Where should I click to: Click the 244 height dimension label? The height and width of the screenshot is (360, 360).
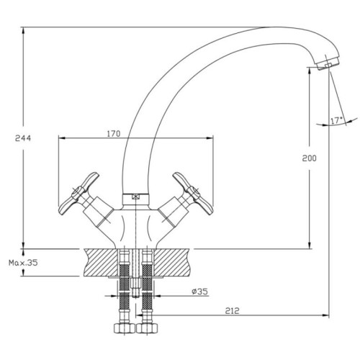[23, 138]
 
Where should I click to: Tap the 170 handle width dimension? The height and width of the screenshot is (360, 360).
[114, 134]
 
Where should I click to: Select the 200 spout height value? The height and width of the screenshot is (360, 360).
[310, 158]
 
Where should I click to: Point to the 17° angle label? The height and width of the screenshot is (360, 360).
[337, 121]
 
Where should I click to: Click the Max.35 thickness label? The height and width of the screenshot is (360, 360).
[23, 263]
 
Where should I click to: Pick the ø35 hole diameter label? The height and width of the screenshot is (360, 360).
[199, 292]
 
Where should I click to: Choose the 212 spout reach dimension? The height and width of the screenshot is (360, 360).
[232, 310]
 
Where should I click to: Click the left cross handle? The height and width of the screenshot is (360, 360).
[78, 194]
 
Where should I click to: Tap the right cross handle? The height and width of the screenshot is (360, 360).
[193, 194]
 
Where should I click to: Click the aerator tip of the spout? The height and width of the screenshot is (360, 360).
[327, 63]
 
